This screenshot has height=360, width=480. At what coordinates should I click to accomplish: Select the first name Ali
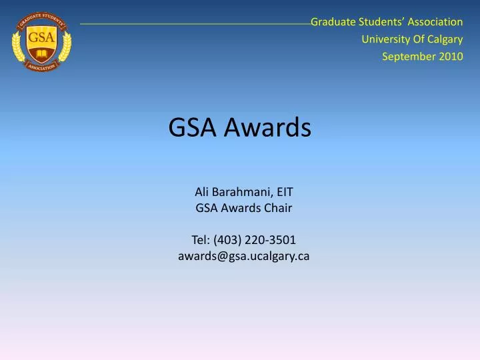tap(202, 192)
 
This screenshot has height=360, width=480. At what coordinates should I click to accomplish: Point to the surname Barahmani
tap(241, 192)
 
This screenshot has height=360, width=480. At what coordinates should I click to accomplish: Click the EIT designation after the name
tap(285, 192)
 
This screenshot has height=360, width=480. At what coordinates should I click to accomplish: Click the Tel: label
tap(201, 239)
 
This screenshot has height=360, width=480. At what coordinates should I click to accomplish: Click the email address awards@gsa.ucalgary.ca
tap(243, 255)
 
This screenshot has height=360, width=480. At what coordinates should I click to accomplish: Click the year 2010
tap(450, 56)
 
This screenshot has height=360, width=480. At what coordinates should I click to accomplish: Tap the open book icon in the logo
tap(41, 51)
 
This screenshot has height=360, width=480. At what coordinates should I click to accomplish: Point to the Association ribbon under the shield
tap(41, 68)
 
